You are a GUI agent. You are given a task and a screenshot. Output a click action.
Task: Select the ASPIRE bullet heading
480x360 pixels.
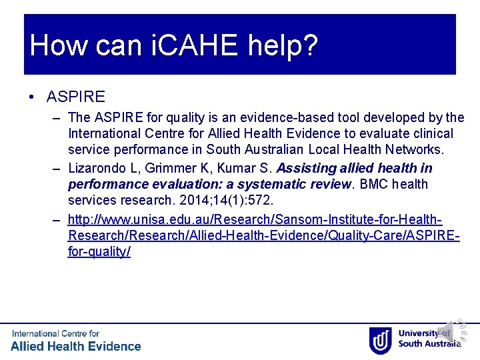tap(76, 97)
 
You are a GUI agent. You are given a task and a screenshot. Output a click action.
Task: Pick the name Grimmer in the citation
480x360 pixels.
tap(163, 168)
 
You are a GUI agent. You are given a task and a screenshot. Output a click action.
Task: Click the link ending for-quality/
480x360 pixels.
tap(99, 252)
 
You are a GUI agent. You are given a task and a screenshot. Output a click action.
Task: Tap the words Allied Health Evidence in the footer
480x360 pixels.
tap(76, 346)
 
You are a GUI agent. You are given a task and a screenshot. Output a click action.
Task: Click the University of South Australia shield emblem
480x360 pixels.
tap(380, 340)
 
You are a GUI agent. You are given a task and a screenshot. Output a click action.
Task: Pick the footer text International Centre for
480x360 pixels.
tap(55, 333)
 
